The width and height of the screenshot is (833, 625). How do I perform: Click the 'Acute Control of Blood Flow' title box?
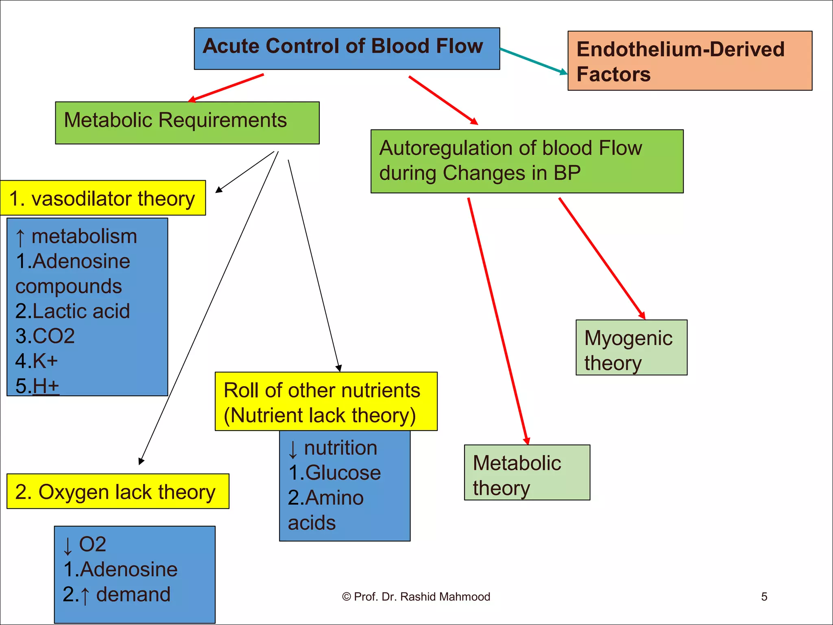(347, 48)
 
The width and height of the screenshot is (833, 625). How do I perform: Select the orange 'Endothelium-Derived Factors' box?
(689, 61)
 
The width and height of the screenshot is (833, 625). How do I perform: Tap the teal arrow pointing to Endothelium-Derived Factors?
(533, 61)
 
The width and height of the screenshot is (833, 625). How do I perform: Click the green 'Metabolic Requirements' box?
(187, 122)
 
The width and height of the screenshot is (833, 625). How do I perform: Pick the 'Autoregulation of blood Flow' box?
(527, 161)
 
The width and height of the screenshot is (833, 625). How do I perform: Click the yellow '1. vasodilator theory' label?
(102, 198)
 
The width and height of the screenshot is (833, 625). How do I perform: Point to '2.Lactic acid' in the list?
(72, 311)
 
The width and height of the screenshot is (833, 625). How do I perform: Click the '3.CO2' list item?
(45, 336)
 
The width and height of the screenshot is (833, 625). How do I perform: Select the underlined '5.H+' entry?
(37, 386)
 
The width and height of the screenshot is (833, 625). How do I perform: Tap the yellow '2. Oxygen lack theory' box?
(118, 491)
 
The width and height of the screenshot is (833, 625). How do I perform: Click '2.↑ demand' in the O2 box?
(117, 594)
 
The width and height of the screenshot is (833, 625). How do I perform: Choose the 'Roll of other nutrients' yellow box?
(326, 401)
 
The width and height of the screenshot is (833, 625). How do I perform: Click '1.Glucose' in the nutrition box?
(334, 473)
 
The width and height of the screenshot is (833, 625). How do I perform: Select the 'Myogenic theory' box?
(631, 347)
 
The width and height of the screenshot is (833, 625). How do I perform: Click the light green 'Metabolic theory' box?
(527, 472)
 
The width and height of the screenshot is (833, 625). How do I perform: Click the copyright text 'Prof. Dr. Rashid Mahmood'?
(416, 597)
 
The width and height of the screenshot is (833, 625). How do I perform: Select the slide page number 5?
(764, 597)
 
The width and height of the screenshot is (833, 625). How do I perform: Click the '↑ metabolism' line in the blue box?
(76, 237)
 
